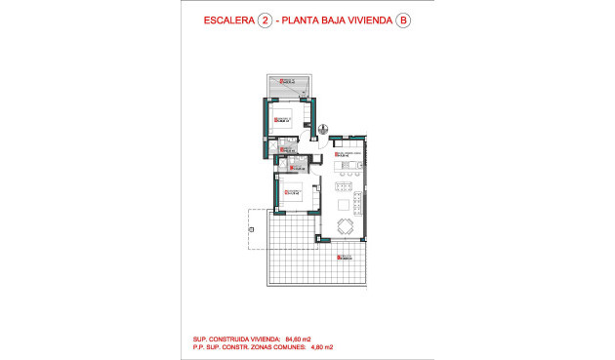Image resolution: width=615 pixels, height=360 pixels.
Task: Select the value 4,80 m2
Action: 323,346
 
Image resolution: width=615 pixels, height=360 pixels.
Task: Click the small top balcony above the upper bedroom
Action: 291,85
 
